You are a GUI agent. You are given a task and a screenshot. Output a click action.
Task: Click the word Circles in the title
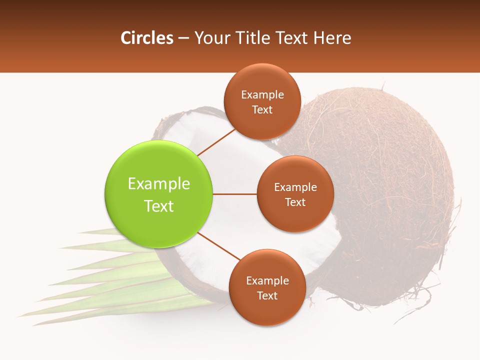[147, 38]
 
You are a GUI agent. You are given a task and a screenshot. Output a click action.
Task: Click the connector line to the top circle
[216, 142]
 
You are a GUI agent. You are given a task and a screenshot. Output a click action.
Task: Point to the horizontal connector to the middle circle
[235, 194]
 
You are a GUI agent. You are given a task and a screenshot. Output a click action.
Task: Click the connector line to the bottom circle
[219, 247]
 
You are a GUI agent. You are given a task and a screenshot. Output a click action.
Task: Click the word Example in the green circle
[159, 184]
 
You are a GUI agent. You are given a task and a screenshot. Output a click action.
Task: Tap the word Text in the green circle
[159, 206]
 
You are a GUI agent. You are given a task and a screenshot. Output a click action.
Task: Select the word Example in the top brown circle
[262, 95]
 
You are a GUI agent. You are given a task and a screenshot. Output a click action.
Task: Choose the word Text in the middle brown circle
[295, 202]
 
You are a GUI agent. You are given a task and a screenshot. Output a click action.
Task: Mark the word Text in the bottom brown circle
[267, 295]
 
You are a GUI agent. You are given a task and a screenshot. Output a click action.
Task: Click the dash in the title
[183, 38]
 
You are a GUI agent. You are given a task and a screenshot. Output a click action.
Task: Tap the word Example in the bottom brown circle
[267, 280]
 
